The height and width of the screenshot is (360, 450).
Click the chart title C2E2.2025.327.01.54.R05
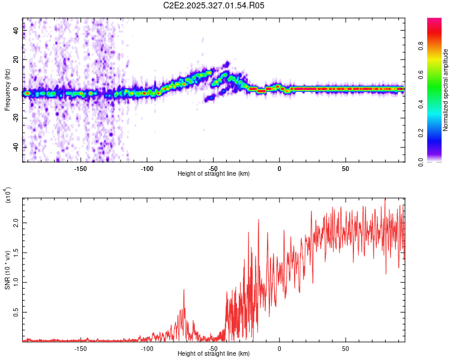[x=214, y=5]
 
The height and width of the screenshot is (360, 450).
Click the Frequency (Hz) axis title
[x=7, y=89]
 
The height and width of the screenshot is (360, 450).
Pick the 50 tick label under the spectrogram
[x=346, y=169]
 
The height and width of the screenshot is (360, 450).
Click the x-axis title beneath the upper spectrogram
[x=214, y=174]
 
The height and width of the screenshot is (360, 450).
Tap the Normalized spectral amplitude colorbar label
[x=446, y=91]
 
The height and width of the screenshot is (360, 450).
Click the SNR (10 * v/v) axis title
[x=8, y=271]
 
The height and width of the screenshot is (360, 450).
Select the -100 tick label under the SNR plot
[x=147, y=349]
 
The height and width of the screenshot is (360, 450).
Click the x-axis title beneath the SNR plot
[x=214, y=355]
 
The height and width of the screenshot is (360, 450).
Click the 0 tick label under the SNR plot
[x=279, y=349]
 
